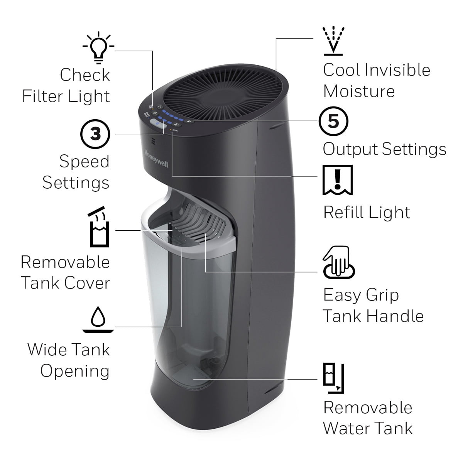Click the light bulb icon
98,47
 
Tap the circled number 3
95,134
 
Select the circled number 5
333,121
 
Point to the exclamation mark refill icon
338,180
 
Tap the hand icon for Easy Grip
338,263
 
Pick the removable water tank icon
333,378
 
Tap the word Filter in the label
42,96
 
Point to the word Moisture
359,91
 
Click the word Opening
75,371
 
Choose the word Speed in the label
84,162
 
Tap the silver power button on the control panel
156,123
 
